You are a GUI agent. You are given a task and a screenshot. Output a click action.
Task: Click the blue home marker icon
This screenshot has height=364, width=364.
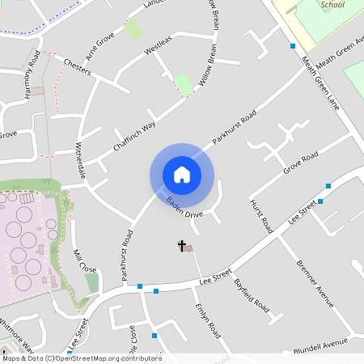pyautogui.click(x=182, y=175)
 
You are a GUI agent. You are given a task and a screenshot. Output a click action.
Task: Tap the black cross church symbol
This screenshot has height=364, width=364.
pyautogui.click(x=181, y=245)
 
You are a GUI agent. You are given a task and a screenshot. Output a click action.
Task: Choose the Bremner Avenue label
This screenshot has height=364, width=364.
pyautogui.click(x=315, y=283)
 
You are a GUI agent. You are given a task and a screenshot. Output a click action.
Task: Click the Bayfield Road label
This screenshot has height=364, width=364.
pyautogui.click(x=251, y=296)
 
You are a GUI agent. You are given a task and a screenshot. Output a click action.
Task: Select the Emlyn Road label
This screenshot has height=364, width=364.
pyautogui.click(x=207, y=320)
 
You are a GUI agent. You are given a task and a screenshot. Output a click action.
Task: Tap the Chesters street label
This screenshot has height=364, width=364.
pyautogui.click(x=77, y=66)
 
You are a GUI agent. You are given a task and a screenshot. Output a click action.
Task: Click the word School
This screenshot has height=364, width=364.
pyautogui.click(x=332, y=5)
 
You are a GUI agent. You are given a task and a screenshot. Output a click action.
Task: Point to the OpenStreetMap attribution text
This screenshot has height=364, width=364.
pyautogui.click(x=81, y=358)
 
